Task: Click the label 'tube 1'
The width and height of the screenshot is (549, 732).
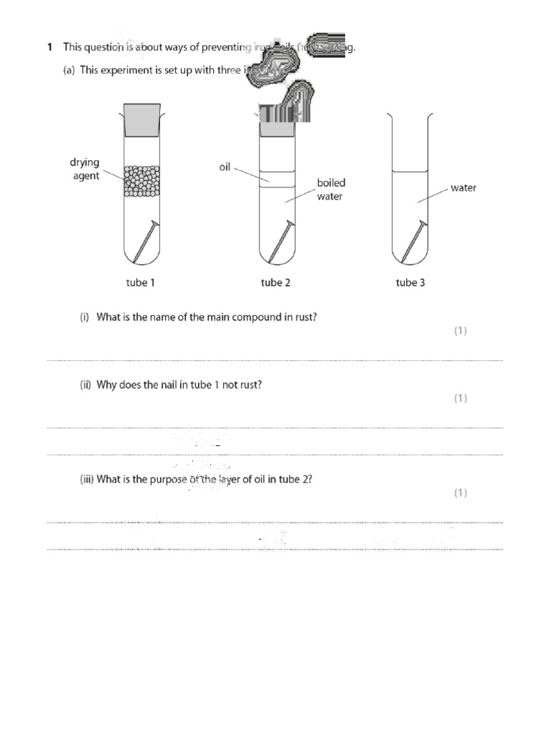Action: pos(141,282)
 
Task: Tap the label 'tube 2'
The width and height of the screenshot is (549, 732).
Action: pos(275,282)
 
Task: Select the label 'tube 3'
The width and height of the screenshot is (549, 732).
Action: pos(410,282)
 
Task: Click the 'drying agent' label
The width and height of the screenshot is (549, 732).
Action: pos(84,169)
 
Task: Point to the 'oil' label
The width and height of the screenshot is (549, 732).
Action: pos(224,168)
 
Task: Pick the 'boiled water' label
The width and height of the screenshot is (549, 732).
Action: pos(330,189)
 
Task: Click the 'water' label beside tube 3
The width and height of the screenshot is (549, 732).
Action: pos(463,188)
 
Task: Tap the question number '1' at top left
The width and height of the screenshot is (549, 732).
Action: pos(49,48)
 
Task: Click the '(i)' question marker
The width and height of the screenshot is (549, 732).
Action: pos(84,317)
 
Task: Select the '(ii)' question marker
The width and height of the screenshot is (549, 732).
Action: pos(85,385)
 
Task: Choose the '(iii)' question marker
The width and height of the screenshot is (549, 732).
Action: pos(86,480)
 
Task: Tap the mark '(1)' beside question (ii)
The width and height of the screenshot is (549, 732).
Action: pos(460,398)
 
